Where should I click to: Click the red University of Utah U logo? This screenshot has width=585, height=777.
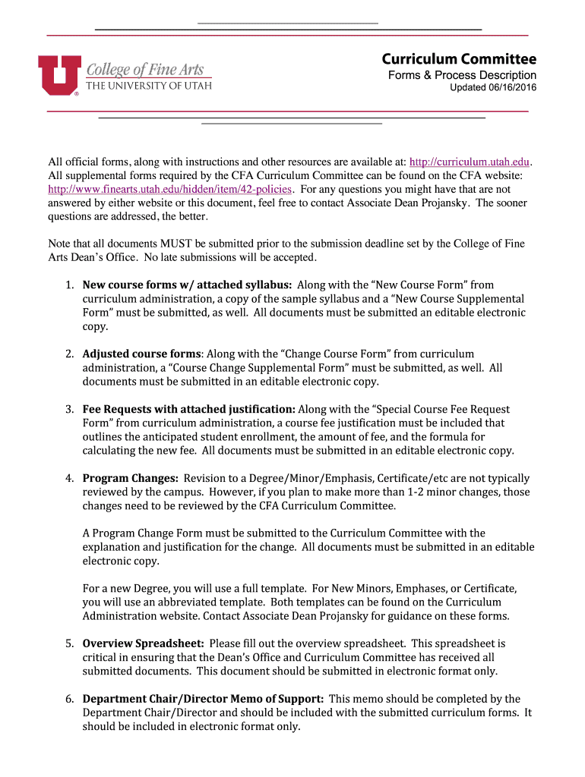58,74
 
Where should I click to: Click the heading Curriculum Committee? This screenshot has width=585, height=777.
459,59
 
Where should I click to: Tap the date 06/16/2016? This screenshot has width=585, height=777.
509,89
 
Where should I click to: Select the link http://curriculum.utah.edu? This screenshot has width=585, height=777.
469,162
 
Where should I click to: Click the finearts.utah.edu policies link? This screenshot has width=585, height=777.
170,189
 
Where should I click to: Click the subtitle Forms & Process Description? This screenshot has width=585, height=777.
462,75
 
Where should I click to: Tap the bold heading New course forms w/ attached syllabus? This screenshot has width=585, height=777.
187,285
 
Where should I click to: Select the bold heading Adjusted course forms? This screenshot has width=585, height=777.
142,354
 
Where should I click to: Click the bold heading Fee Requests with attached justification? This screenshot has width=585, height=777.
189,409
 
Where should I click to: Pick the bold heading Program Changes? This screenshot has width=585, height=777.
131,478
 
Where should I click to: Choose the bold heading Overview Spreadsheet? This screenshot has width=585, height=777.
144,643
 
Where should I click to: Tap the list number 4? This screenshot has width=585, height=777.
68,478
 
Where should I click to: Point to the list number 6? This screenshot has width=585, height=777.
68,699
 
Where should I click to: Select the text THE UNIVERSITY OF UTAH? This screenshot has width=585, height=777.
148,86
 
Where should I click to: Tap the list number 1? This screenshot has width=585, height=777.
68,285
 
